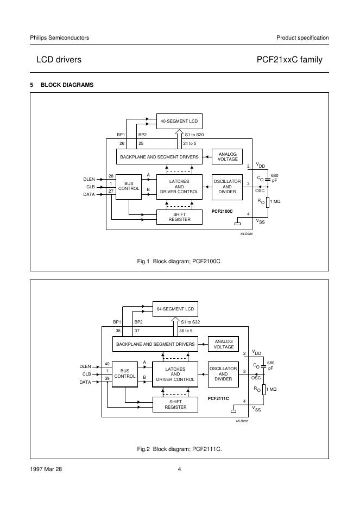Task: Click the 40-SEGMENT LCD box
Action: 179,121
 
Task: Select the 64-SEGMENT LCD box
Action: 175,309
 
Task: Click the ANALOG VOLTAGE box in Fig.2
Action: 224,344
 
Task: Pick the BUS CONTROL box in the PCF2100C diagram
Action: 129,186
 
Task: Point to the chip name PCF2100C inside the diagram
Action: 222,211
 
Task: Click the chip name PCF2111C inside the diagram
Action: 218,398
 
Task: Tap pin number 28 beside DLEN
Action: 111,176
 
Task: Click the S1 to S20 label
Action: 194,135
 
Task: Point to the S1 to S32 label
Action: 190,322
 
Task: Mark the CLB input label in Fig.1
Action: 90,186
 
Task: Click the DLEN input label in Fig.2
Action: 85,366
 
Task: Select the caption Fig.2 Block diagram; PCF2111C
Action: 179,449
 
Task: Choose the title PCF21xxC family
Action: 292,60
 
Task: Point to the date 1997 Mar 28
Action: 46,469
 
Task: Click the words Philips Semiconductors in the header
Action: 60,37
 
